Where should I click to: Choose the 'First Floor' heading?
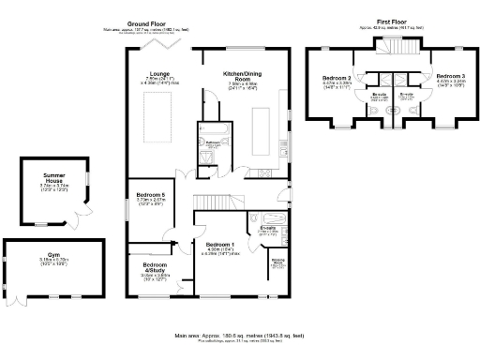click(392, 19)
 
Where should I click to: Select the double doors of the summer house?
click(75, 223)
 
